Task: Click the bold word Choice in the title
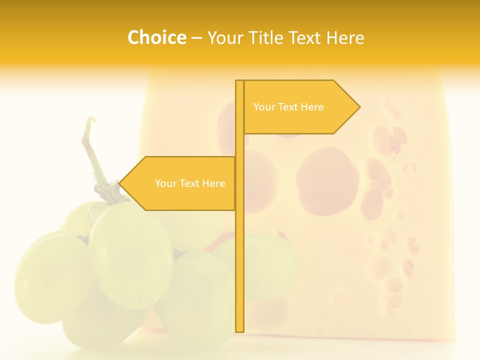pos(156,37)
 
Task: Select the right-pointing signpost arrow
pos(300,107)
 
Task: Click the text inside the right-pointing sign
pos(288,107)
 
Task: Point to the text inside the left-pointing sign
pos(190,183)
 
